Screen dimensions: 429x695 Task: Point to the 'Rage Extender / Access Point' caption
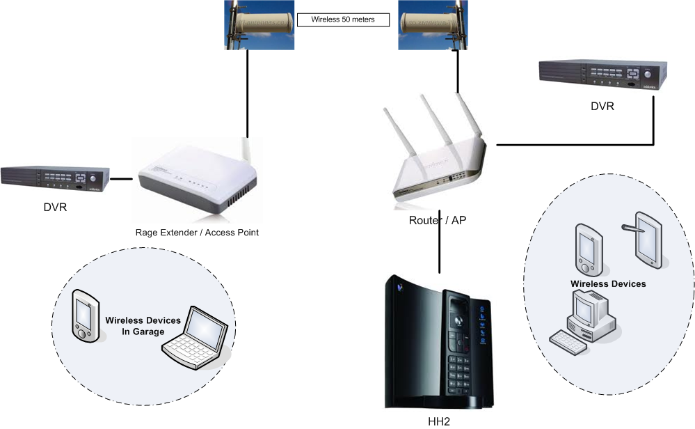[197, 233]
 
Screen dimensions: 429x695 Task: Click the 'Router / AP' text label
[436, 220]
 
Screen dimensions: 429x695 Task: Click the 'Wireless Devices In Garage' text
[143, 326]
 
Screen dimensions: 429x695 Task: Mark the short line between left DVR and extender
[122, 179]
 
